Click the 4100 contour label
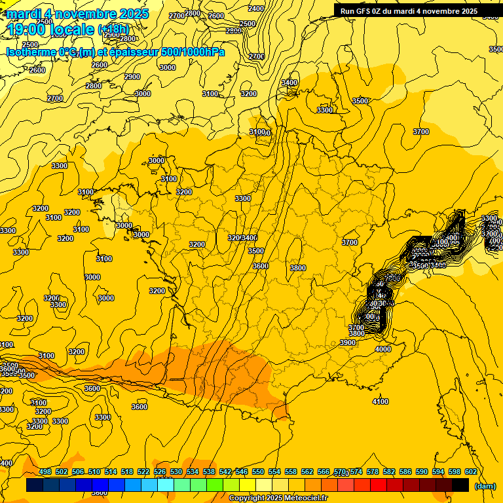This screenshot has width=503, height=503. click(x=380, y=401)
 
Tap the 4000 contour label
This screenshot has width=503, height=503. click(x=382, y=350)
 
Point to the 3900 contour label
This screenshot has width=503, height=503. click(x=348, y=343)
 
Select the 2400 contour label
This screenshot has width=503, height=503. click(x=257, y=9)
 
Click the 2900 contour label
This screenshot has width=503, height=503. click(x=132, y=77)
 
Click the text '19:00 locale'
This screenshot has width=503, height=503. click(x=50, y=29)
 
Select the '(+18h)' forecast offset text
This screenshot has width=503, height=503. click(x=114, y=29)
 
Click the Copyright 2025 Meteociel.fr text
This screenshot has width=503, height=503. click(x=278, y=498)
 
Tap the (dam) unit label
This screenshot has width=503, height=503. click(x=485, y=485)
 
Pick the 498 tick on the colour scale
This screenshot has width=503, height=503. click(x=45, y=472)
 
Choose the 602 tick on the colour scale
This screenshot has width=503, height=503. click(x=471, y=472)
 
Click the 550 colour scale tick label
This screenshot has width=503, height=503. click(x=258, y=472)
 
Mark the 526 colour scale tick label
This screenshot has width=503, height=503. click(x=160, y=472)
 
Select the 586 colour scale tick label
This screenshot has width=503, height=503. click(x=405, y=472)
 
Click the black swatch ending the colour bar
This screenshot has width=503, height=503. click(x=460, y=485)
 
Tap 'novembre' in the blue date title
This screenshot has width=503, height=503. click(x=81, y=14)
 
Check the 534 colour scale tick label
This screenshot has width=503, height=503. click(x=193, y=472)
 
